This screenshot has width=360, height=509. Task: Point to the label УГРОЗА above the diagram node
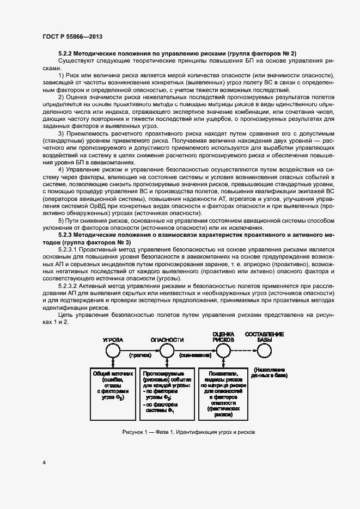(x=113, y=339)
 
